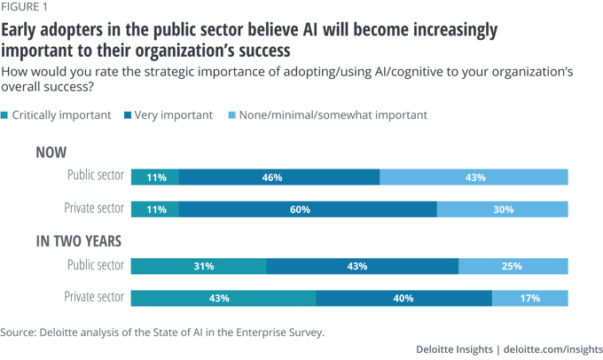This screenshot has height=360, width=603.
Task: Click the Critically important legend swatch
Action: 5,115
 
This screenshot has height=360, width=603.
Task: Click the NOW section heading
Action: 51,153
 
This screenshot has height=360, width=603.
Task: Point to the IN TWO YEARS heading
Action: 78,240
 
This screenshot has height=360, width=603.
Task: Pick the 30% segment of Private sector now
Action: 502,209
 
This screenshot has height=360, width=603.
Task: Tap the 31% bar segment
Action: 199,266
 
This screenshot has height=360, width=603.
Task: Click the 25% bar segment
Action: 513,266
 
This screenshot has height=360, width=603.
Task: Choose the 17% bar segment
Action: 529,298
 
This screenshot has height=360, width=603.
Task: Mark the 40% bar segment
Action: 403,298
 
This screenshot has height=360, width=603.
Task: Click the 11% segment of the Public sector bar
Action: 155,177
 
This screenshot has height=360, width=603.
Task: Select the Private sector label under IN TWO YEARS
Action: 94,297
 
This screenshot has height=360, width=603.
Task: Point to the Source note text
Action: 162,333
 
